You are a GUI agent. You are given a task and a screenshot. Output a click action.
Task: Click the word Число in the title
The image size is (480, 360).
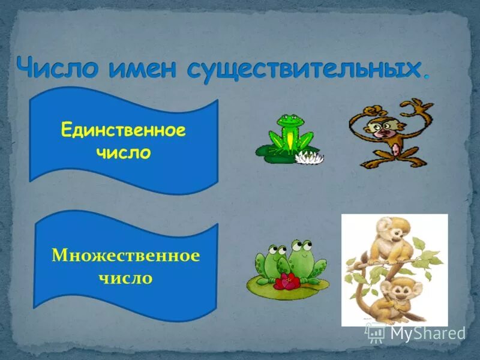[57, 67]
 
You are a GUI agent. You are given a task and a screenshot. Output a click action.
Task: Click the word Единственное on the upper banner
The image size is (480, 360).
[124, 131]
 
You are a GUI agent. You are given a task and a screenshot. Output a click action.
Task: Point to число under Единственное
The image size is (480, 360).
[123, 153]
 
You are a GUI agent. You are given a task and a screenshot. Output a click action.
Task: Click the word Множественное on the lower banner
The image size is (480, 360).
[125, 256]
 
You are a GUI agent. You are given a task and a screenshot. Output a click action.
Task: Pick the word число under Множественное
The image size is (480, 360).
[125, 278]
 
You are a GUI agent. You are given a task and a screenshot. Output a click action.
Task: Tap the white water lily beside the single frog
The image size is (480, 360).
[310, 158]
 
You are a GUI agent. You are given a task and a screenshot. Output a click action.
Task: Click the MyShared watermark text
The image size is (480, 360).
[428, 333]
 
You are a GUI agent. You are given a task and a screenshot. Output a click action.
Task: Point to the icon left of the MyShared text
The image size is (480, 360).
[376, 332]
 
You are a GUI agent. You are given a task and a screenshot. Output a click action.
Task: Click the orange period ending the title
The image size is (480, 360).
[427, 76]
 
